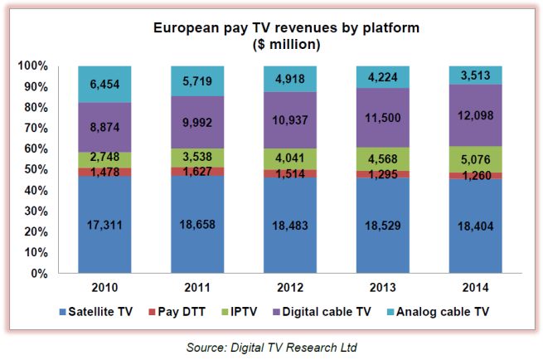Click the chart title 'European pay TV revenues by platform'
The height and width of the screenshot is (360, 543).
coord(287,27)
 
